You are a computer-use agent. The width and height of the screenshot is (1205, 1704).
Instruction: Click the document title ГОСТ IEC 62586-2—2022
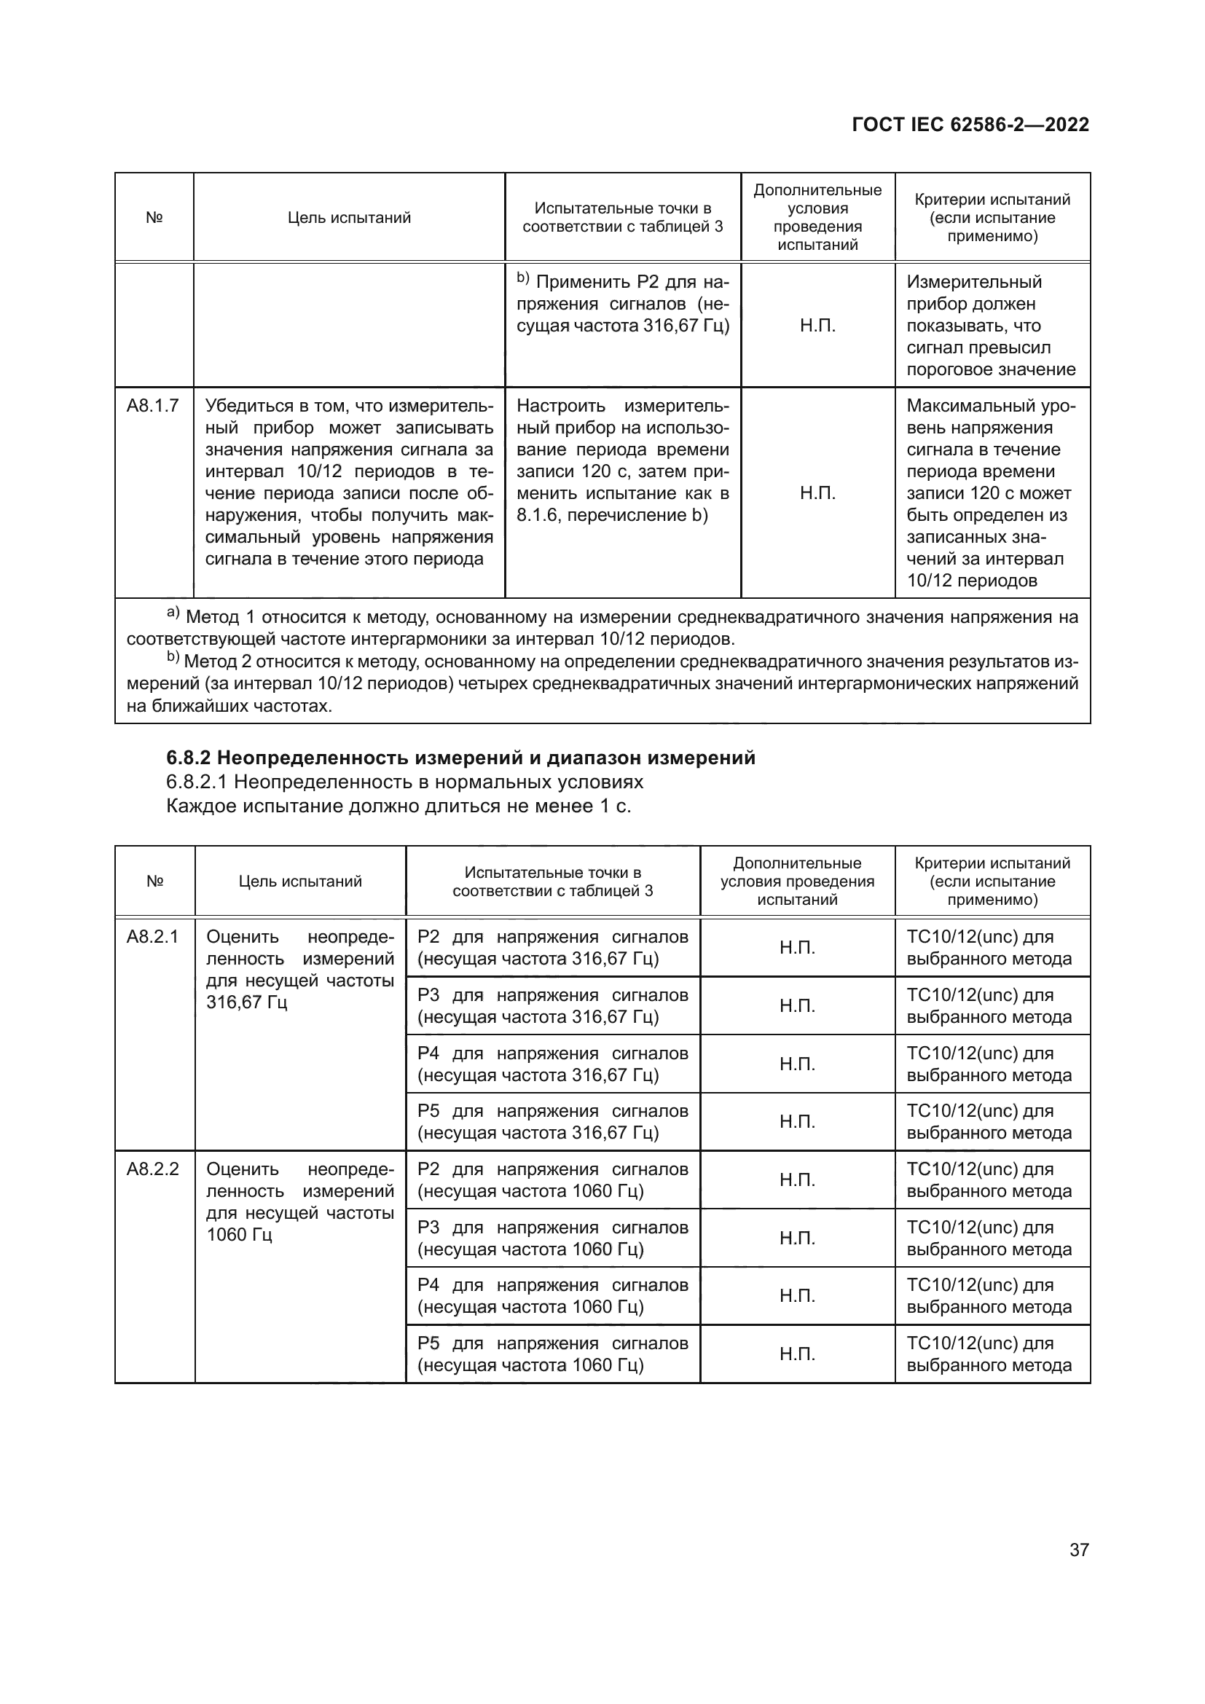point(970,124)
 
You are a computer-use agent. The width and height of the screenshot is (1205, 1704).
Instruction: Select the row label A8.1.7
point(153,406)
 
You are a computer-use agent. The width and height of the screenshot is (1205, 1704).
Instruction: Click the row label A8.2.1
point(153,937)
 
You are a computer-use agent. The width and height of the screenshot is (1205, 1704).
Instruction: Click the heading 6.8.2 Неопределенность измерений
point(460,758)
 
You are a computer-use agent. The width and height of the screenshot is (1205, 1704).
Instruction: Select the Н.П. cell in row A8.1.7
point(817,493)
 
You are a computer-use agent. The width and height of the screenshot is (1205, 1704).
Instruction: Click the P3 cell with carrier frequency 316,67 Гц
point(553,1005)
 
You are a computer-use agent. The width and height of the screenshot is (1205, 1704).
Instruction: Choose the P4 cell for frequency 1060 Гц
point(553,1296)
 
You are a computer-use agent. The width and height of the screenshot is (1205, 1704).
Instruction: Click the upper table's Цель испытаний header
point(349,217)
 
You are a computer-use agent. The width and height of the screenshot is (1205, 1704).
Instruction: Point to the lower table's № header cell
point(154,881)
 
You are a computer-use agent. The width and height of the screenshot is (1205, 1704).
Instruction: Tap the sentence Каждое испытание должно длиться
point(399,806)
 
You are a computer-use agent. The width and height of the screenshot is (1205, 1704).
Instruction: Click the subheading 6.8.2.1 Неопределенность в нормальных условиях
point(404,782)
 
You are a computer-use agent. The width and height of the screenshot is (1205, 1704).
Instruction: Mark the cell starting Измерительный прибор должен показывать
point(991,326)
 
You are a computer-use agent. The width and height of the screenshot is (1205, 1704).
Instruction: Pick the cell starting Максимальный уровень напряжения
point(991,493)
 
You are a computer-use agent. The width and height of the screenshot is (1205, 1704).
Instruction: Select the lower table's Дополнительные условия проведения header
point(797,881)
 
